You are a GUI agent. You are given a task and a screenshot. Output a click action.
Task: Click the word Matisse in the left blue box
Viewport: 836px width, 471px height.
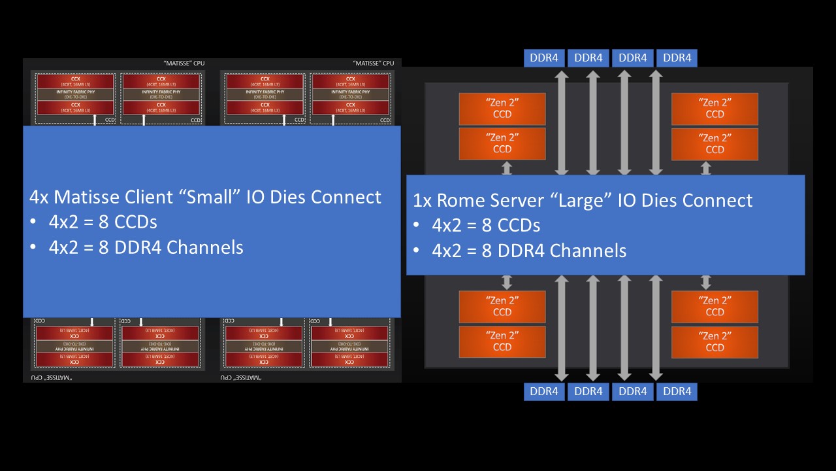click(87, 197)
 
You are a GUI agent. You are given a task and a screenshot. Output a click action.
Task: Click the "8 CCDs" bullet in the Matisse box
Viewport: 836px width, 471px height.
click(103, 222)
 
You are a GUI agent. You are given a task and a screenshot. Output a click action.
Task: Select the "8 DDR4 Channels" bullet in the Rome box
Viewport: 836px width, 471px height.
click(529, 251)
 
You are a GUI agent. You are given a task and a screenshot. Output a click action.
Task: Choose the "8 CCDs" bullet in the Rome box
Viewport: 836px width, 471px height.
click(486, 226)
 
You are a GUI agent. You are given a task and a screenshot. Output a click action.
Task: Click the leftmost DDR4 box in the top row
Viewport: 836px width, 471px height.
click(543, 58)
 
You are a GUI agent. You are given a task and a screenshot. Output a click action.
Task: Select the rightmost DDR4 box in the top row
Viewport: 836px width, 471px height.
click(677, 58)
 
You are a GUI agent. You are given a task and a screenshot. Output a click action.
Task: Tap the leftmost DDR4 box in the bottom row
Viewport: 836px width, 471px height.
click(543, 391)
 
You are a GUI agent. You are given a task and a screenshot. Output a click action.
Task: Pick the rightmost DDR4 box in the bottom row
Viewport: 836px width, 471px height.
click(677, 391)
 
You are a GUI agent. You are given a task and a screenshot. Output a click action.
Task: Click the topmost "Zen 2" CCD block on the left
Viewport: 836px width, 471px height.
click(502, 109)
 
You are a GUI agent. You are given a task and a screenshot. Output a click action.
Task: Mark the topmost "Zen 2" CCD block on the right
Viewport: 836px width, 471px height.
click(715, 109)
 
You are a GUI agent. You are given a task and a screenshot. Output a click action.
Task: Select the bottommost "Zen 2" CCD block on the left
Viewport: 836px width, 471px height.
click(502, 341)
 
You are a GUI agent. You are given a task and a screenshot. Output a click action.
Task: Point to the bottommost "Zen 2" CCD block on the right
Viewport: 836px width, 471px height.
click(715, 341)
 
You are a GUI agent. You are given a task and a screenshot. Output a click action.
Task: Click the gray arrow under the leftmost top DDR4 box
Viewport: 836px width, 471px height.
click(561, 121)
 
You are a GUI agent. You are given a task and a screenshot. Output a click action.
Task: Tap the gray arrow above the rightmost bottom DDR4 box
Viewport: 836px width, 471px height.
click(656, 327)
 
